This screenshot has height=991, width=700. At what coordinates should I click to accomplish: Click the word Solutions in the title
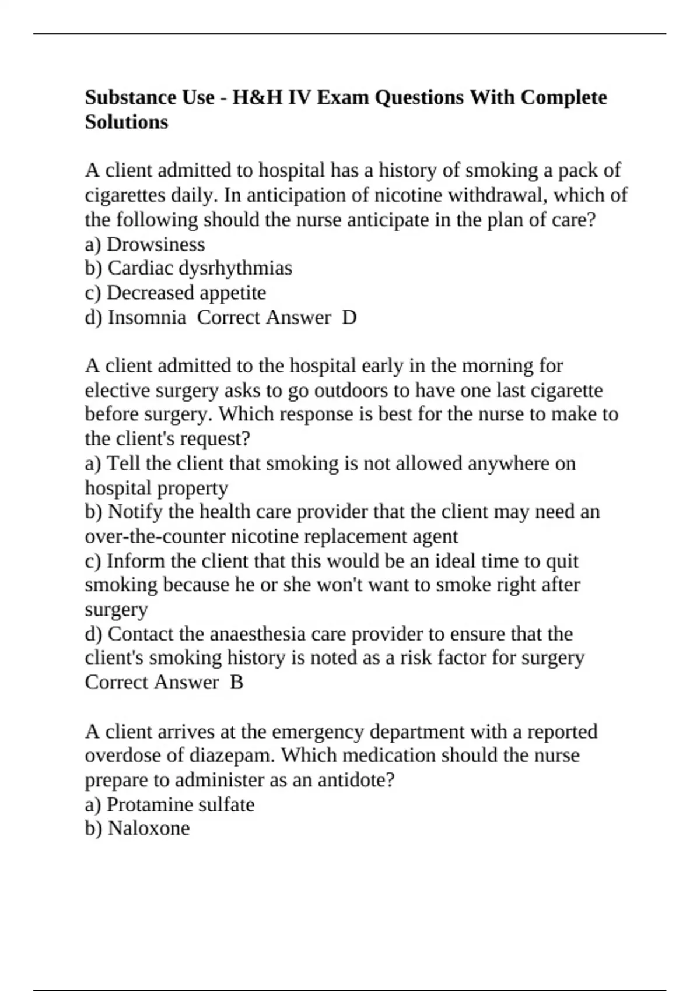point(126,122)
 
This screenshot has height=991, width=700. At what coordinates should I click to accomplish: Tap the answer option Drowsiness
point(156,244)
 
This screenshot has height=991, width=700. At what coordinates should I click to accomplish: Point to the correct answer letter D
point(349,317)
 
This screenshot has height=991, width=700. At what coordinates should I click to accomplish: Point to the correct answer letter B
point(236,682)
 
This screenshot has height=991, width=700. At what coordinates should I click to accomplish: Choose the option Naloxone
point(149,828)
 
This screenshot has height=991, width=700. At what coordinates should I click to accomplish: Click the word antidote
point(351,780)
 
